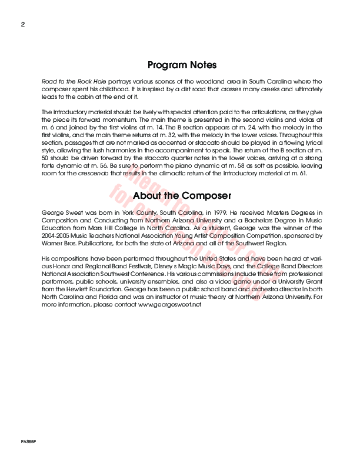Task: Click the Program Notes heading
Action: click(182, 65)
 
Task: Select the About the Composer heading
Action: click(182, 195)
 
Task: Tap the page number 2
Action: click(22, 24)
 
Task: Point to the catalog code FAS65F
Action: click(28, 441)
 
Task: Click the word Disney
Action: click(166, 265)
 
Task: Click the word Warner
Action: click(52, 242)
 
